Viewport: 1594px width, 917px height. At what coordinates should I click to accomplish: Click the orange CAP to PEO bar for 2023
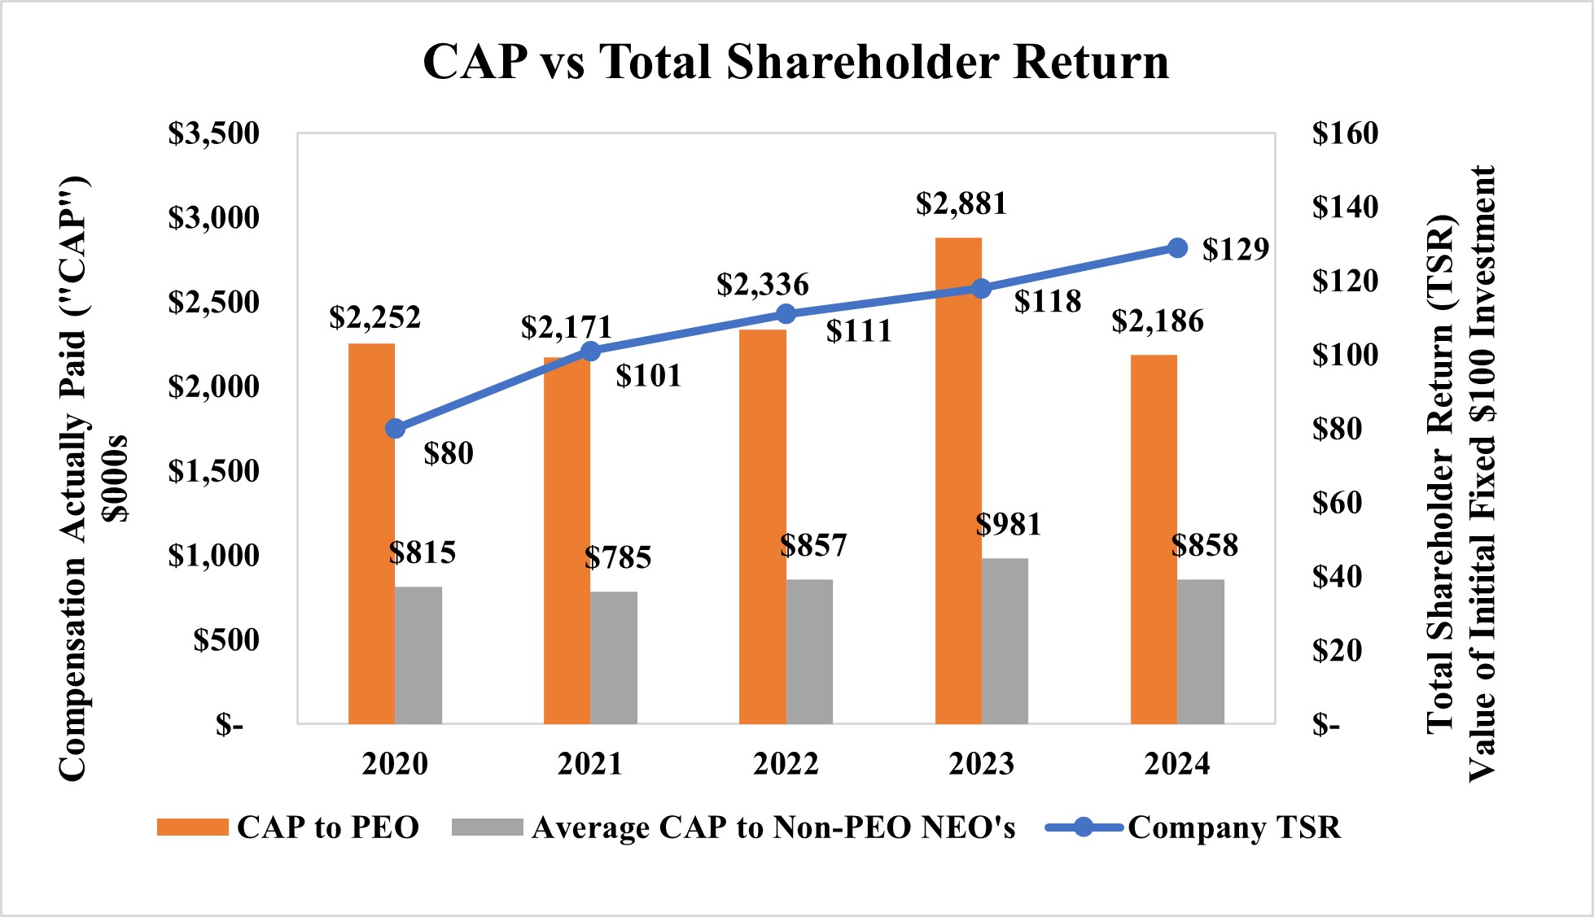coord(958,480)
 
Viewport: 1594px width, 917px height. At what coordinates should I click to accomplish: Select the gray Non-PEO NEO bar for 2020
coord(418,655)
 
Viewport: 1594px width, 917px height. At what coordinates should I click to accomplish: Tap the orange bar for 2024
coord(1154,539)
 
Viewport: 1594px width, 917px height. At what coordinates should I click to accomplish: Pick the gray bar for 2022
coord(809,651)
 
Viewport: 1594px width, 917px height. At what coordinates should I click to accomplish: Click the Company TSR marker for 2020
coord(396,429)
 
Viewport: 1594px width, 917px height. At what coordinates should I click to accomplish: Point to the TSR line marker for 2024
coord(1177,248)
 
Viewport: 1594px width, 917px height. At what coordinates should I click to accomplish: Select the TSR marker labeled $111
coord(786,314)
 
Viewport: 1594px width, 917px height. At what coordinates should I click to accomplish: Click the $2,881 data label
coord(961,203)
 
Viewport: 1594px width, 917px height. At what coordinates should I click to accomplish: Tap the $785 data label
coord(618,557)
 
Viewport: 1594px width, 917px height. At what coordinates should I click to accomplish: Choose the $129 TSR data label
coord(1235,249)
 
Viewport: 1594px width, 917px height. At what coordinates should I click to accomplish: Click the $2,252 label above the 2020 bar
coord(374,317)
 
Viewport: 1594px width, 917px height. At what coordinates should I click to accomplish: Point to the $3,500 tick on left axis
coord(213,133)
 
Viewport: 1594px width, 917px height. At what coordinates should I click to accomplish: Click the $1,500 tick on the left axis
coord(213,471)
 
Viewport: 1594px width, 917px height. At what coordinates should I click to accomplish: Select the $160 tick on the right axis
coord(1345,133)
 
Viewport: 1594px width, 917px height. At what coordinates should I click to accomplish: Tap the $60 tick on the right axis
coord(1337,503)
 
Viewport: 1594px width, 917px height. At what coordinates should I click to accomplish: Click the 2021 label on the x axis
coord(590,764)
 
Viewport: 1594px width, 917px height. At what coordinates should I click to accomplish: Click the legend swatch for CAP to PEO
coord(192,827)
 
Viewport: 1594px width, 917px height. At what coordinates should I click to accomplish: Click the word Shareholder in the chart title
coord(862,62)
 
